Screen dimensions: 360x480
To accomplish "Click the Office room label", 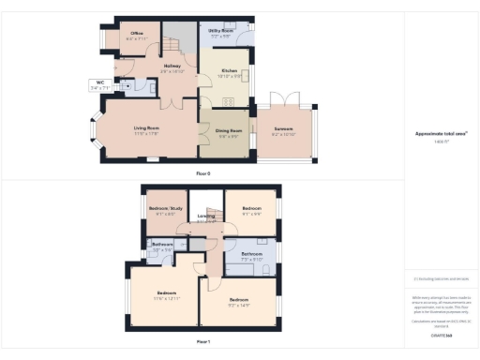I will point(136,33).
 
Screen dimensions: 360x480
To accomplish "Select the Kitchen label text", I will point(230,69).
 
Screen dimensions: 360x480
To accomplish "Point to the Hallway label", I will point(172,66).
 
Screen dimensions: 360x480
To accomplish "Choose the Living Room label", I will point(145,127).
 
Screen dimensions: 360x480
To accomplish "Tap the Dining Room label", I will point(230,130).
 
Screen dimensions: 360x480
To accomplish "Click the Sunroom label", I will point(283,130).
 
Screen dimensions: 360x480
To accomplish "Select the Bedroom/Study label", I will point(162,207).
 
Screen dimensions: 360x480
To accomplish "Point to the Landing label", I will point(206,217).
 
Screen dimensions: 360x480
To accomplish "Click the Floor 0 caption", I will point(202,173).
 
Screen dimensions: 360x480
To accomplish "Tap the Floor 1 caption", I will point(202,342).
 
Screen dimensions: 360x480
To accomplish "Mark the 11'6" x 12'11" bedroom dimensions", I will point(166,297).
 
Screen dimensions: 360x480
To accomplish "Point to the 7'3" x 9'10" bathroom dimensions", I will point(251,259).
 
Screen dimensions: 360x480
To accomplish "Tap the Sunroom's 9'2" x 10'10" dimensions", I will point(283,135).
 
